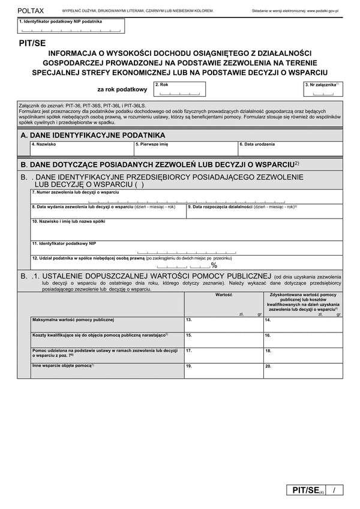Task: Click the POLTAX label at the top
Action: tap(31, 11)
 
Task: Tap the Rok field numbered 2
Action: tap(179, 89)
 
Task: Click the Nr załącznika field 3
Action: tap(323, 89)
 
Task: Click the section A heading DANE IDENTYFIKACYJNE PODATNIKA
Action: tap(93, 136)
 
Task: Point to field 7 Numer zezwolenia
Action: tap(186, 197)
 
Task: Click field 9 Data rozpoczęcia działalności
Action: tap(264, 211)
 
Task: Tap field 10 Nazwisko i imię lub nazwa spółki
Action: tap(186, 230)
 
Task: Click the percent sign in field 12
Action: tap(214, 265)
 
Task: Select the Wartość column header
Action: tap(223, 295)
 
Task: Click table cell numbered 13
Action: tap(223, 325)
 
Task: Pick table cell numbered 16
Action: tap(302, 340)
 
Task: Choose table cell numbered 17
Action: tap(223, 355)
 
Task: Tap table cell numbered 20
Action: tap(302, 370)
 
